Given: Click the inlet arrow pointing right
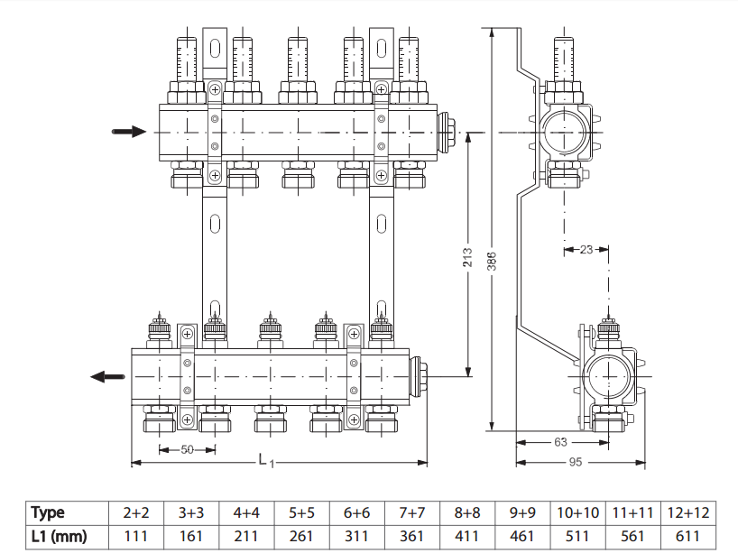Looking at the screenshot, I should coord(127,132).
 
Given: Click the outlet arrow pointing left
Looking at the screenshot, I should coord(106,376).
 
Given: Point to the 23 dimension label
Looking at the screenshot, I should coord(586,249).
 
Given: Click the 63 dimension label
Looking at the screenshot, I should coord(560,442).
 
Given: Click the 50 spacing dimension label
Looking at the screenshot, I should coord(187,448).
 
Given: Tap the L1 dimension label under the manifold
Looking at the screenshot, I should coord(266,461).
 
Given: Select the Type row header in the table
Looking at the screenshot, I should coord(48,512).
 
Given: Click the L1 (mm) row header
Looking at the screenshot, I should coord(59,537).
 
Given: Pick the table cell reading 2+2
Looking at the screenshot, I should coord(136,512).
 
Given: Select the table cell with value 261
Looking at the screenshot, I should coord(301,537).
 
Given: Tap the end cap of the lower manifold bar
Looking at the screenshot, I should coord(419,372).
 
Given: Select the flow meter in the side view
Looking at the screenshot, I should coord(562,60).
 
